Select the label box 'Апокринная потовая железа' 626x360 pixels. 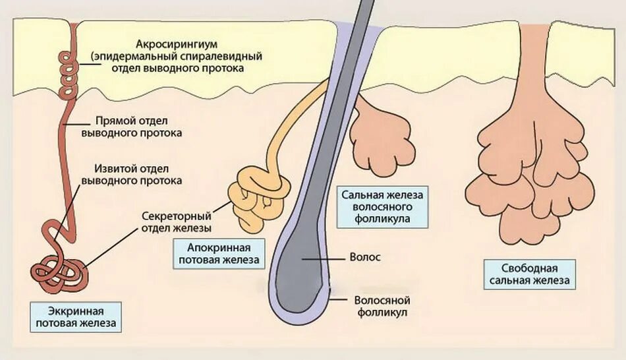click(x=218, y=254)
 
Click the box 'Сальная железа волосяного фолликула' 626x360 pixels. click(x=385, y=206)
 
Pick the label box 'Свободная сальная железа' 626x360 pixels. click(x=528, y=275)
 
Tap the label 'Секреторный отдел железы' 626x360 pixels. click(x=177, y=222)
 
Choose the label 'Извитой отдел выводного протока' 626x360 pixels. click(x=132, y=173)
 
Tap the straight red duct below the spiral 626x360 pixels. click(x=67, y=145)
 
